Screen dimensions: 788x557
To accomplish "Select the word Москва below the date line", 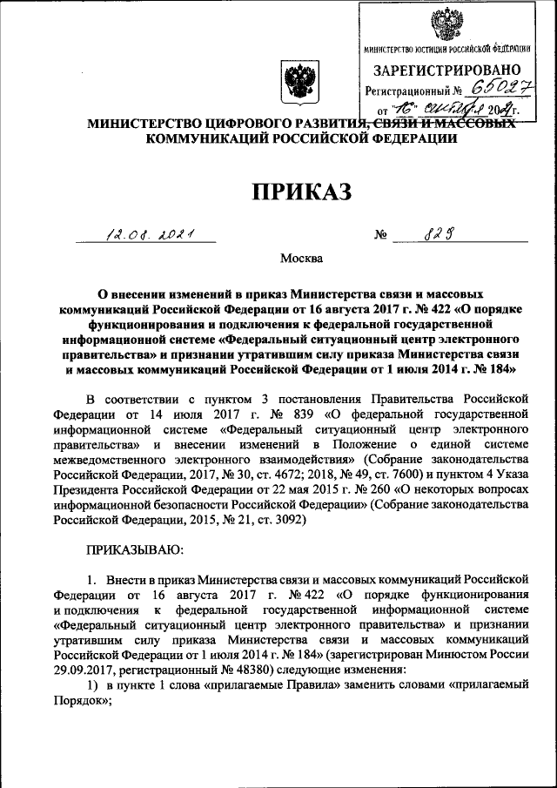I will click(x=301, y=259).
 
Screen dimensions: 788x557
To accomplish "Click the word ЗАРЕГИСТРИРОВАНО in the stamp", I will click(x=447, y=70).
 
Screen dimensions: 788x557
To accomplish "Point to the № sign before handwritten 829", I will click(x=379, y=234).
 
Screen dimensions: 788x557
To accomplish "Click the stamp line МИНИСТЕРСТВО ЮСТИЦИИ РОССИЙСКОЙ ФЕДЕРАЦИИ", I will click(x=446, y=49).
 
